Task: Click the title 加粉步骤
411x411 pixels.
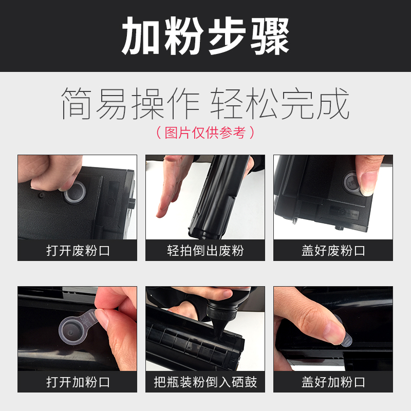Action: click(x=206, y=36)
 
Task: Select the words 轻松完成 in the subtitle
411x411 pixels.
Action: click(x=281, y=104)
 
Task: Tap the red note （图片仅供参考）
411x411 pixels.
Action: click(x=206, y=133)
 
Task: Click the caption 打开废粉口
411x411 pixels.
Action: click(x=78, y=251)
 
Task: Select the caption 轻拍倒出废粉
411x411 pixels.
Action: click(x=206, y=251)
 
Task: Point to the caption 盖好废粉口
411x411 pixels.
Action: click(x=333, y=251)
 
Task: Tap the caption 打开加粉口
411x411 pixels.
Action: click(x=78, y=382)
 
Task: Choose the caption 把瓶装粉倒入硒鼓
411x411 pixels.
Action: click(x=206, y=382)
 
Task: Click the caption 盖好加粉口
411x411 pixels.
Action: click(x=333, y=382)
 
